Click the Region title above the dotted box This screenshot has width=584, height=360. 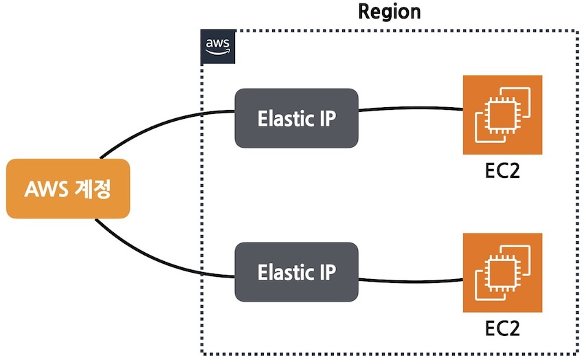click(x=390, y=12)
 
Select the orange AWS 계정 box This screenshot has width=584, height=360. click(x=67, y=188)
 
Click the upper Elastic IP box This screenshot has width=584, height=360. click(x=296, y=118)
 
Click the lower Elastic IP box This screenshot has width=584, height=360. click(x=296, y=272)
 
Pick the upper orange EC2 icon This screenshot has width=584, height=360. click(x=503, y=115)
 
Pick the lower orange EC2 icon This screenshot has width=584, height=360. click(x=503, y=273)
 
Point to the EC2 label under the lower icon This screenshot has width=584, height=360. click(x=502, y=326)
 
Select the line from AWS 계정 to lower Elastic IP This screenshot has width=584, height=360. click(x=158, y=254)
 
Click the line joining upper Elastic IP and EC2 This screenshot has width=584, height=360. click(x=411, y=108)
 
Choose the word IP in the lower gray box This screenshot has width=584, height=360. click(x=326, y=272)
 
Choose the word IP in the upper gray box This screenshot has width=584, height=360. click(x=326, y=118)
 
